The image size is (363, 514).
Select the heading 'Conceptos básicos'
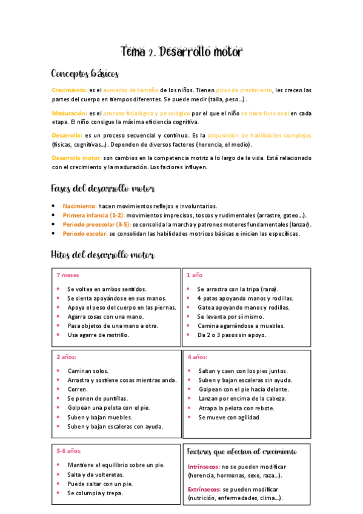[85, 74]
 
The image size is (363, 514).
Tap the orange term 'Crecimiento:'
[69, 90]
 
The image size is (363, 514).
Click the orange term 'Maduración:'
[69, 113]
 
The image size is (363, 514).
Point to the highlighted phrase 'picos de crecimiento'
[249, 90]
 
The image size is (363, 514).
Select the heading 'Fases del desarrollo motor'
[102, 189]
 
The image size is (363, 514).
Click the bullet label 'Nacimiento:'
[79, 206]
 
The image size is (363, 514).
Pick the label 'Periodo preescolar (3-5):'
[96, 224]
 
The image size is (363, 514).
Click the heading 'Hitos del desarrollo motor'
[102, 255]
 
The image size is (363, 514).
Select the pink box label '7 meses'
[67, 275]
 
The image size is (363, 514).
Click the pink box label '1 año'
[195, 275]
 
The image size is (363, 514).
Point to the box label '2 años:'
[67, 356]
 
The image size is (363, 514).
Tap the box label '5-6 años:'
[69, 451]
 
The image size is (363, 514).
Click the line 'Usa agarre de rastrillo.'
[98, 335]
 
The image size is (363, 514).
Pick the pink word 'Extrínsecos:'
[204, 489]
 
